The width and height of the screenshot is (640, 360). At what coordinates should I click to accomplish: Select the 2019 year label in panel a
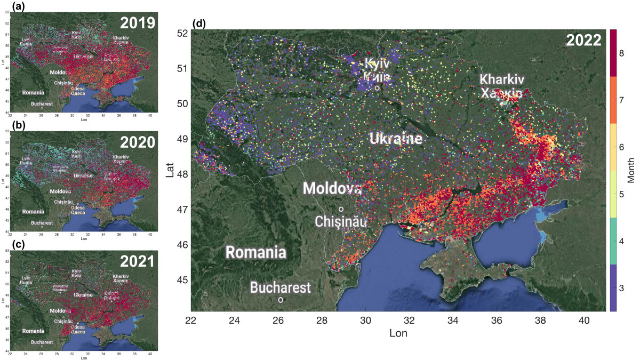[137, 23]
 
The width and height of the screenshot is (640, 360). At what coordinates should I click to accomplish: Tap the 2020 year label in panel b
[137, 142]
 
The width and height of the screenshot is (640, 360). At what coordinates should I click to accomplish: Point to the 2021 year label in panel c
[137, 261]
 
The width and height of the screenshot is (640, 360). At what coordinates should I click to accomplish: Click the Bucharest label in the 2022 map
[281, 288]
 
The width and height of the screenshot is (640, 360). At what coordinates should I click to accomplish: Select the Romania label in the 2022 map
[255, 252]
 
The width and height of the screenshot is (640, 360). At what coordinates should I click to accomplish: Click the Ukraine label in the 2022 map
[396, 139]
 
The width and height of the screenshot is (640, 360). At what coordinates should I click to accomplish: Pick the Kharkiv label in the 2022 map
[501, 79]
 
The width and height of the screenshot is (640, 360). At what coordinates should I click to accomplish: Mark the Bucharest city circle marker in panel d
[281, 300]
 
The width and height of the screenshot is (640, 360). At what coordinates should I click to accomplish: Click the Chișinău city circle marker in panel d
[341, 209]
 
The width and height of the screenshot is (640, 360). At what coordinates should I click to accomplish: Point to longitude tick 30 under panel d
[365, 320]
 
